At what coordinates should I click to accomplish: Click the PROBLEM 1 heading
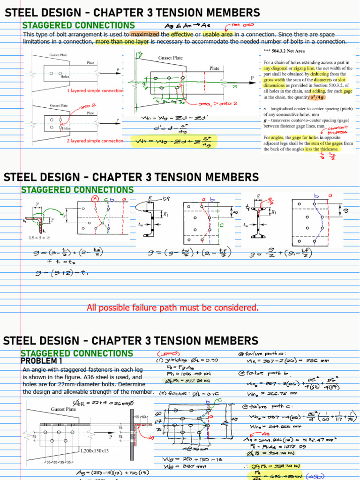pos(42,361)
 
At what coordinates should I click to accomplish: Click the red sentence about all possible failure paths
pos(172,307)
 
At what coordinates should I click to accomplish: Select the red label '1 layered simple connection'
pos(95,90)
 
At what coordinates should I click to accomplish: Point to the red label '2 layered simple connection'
pos(95,141)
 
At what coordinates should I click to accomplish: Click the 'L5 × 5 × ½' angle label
pos(39,239)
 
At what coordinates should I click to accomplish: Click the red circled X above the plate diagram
pos(96,198)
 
